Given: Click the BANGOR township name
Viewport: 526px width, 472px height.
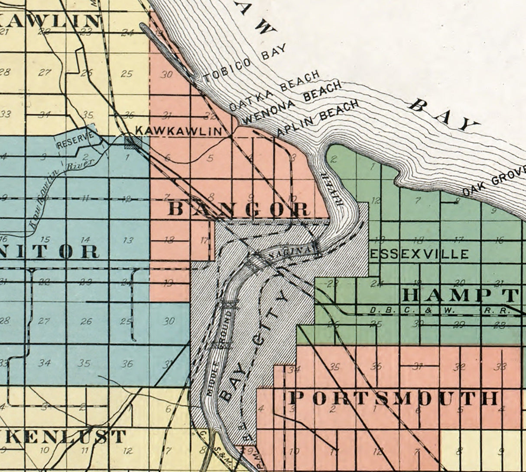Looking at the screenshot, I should click(x=239, y=209).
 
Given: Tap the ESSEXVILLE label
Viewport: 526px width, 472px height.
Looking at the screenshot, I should click(x=419, y=254).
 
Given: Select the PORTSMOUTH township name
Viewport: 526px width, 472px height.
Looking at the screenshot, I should click(x=393, y=398).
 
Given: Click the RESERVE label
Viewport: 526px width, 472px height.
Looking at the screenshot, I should click(x=75, y=140).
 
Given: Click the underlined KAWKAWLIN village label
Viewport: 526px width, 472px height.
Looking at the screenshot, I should click(x=179, y=131).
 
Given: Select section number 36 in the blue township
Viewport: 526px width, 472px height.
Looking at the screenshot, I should click(x=127, y=363).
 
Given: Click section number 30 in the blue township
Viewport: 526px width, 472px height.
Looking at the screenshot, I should click(x=169, y=321).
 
